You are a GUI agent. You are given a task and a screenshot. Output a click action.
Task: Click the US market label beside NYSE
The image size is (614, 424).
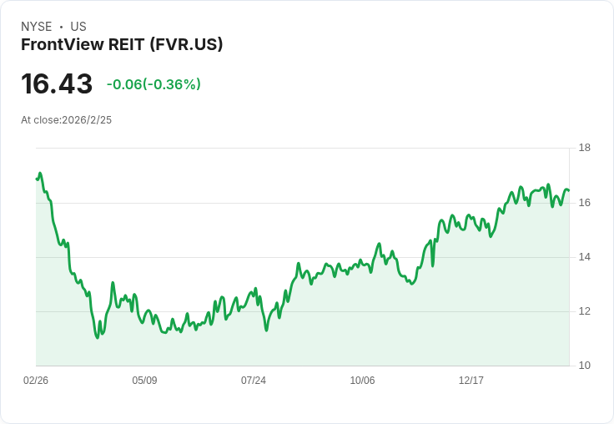[78, 27]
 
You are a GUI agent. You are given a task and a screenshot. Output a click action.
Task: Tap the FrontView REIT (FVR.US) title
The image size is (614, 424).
[122, 45]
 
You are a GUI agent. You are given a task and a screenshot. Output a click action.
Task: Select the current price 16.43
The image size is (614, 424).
[57, 84]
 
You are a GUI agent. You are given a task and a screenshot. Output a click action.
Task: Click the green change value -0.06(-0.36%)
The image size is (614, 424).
[153, 84]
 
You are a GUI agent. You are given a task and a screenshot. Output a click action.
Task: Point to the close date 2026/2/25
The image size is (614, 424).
[87, 120]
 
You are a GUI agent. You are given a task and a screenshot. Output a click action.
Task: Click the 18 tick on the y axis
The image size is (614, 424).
[584, 149]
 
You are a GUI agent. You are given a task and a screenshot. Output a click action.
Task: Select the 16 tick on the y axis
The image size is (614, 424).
[584, 203]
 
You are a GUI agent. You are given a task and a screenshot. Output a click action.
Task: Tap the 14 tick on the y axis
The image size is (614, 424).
[584, 257]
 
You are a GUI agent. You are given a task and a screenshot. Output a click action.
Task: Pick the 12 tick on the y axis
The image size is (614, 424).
[584, 311]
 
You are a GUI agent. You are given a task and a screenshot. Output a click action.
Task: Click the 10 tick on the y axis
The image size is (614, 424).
[584, 366]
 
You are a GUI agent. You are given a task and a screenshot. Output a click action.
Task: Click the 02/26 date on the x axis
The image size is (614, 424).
[36, 381]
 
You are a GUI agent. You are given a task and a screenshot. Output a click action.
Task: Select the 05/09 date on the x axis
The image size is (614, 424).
[144, 381]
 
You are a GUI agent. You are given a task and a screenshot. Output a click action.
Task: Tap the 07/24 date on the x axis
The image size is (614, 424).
[254, 381]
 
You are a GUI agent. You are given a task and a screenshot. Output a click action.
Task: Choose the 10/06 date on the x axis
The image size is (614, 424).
[362, 381]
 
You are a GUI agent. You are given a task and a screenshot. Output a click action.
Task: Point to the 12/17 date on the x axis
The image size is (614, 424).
[471, 381]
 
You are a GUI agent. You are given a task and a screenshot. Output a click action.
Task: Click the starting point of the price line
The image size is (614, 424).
[37, 179]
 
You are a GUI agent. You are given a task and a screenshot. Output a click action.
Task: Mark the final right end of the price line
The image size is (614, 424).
[568, 191]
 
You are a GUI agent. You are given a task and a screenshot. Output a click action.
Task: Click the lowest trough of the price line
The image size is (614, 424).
[98, 337]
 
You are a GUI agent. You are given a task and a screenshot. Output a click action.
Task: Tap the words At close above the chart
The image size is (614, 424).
[40, 120]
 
